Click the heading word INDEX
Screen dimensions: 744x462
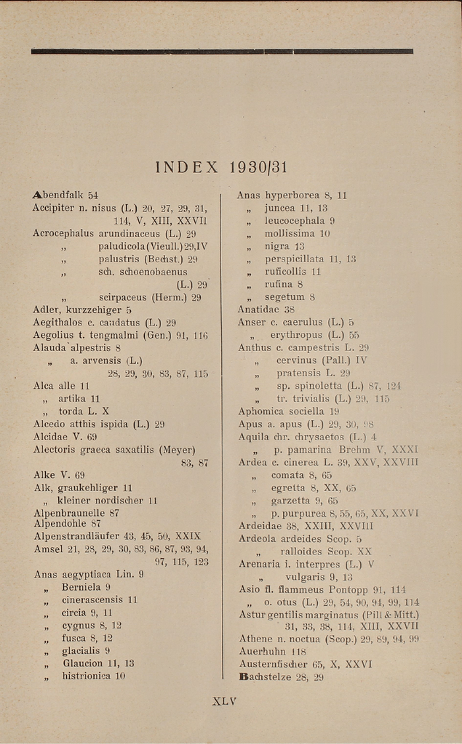pos(186,168)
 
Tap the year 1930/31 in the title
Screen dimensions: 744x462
pos(258,168)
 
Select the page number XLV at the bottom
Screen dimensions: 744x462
pos(224,701)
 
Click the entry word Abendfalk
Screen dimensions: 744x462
pos(58,195)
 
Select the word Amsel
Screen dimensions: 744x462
pos(48,549)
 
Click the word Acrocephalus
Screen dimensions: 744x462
pos(63,233)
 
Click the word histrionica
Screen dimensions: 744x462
pos(86,676)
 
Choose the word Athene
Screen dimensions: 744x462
pos(255,639)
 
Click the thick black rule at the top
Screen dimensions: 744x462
pos(222,51)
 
